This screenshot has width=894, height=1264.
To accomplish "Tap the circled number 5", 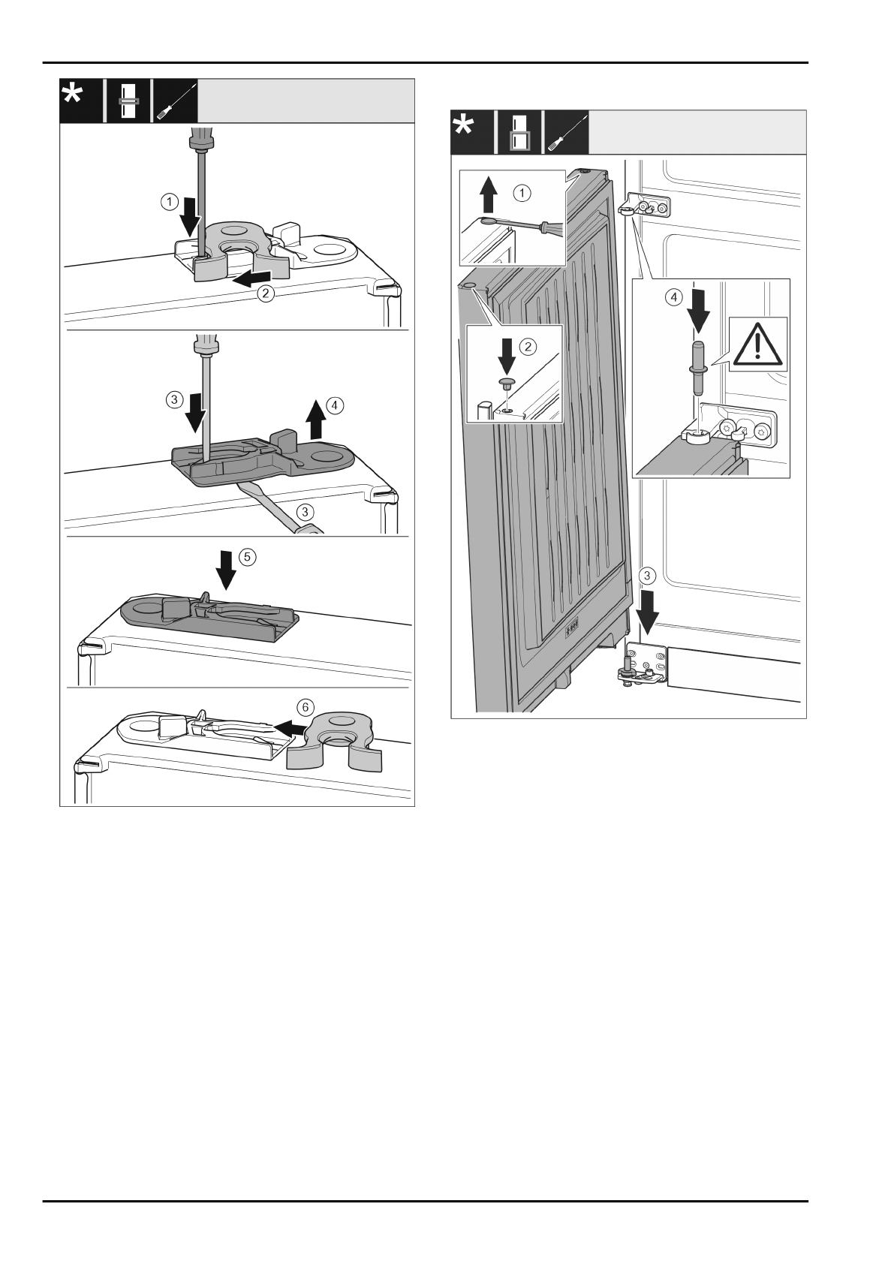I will (x=246, y=557).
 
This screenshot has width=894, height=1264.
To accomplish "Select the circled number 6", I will (x=303, y=707).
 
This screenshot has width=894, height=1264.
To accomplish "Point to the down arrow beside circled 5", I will (x=224, y=570).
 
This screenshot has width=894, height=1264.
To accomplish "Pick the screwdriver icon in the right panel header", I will (x=566, y=132).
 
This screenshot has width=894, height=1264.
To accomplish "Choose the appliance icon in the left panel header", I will (x=127, y=101).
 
